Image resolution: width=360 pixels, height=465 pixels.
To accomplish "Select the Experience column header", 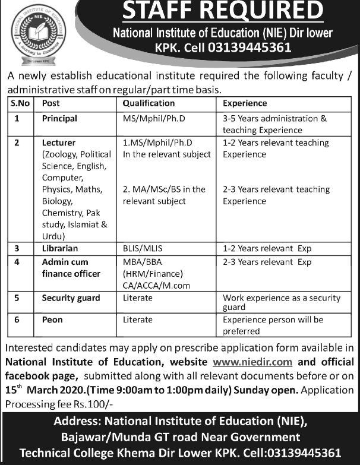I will pos(245,103).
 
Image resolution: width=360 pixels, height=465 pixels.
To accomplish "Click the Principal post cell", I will pos(59,118).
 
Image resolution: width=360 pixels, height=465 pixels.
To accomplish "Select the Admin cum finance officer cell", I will pos(71,267).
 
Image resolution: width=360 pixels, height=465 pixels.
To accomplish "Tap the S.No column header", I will pos(21,103).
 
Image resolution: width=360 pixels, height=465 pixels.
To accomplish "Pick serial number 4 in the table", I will pos(18,261).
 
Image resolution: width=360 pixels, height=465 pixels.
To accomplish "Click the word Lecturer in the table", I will pos(59,143).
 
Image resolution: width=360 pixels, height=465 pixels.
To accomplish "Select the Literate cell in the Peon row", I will pos(137,320).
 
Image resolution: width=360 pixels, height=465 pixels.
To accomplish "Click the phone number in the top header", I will pos(249,48).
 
